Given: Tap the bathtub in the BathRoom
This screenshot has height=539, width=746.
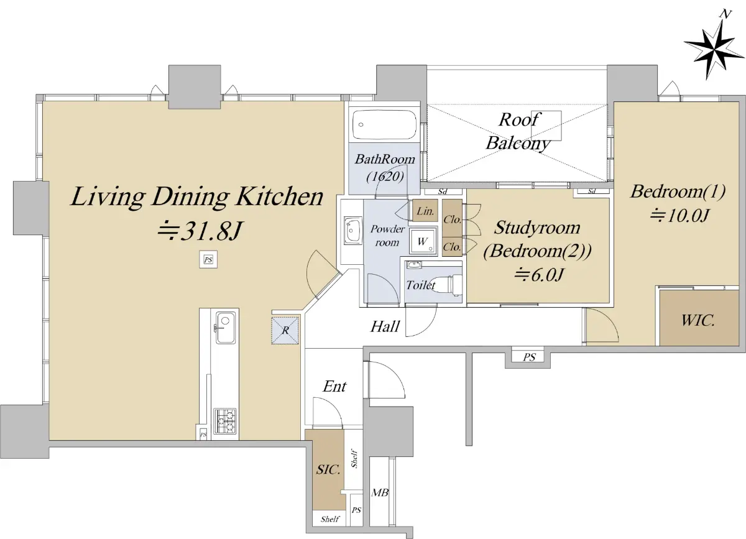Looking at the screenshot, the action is tap(384, 124).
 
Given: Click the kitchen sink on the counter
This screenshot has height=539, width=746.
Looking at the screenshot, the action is tap(225, 328).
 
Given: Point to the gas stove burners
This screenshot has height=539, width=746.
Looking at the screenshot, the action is tap(225, 420).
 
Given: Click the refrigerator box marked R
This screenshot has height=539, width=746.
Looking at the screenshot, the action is tap(285, 331).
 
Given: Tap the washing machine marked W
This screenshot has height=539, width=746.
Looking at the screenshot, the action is tap(423, 241).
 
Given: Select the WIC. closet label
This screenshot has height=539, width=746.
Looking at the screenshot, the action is tap(698, 320).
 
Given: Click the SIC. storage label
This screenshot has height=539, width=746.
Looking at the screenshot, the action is tap(328, 470).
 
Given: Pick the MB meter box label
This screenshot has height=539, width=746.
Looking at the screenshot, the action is tap(380, 492).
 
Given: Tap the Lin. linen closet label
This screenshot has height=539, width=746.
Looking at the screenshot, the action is tap(425, 211).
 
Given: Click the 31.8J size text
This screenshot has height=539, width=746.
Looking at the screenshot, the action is tap(199, 231).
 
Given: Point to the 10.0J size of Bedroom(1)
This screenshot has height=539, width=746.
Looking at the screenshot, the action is tap(679, 215).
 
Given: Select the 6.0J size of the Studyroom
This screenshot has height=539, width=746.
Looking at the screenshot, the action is tap(538, 275).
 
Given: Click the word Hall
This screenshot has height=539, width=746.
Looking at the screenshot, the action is tap(385, 326).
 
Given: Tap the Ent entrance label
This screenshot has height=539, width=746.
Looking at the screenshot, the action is tap(334, 387).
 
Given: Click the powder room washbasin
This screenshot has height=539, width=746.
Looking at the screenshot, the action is tap(352, 231).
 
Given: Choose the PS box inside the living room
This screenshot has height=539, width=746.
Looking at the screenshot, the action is tap(208, 259).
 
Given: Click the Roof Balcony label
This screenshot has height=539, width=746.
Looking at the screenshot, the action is tap(518, 132).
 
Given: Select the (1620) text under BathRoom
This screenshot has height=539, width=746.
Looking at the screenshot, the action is tap(385, 176).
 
